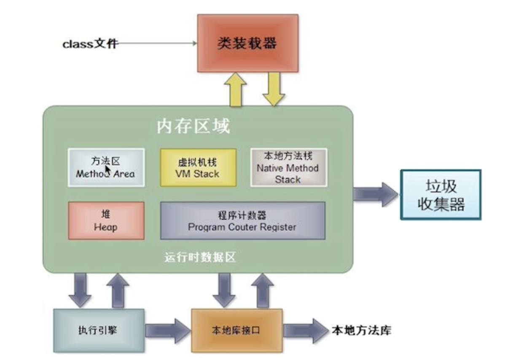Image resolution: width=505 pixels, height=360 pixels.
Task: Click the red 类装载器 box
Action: (x=248, y=43)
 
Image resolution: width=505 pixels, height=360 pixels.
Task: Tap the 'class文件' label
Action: (x=89, y=43)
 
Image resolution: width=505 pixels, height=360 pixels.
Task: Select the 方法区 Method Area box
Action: (x=106, y=167)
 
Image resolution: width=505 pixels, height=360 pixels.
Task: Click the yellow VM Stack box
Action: (x=198, y=167)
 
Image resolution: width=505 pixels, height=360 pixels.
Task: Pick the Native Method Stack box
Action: (x=287, y=167)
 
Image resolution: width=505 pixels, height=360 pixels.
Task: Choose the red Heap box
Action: (x=106, y=220)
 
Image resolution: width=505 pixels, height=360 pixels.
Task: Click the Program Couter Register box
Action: (x=242, y=220)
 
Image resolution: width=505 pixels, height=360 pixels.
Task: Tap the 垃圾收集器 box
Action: (x=440, y=194)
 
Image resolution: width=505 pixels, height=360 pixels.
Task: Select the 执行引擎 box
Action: (x=98, y=330)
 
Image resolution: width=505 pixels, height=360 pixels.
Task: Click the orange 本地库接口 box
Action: (x=236, y=330)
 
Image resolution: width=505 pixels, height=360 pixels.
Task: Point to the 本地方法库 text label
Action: (x=361, y=330)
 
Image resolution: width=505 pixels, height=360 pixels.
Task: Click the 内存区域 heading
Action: (x=193, y=126)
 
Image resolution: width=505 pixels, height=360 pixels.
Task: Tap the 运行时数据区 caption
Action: (x=199, y=257)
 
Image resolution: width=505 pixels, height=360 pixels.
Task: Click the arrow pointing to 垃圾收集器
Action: (x=375, y=194)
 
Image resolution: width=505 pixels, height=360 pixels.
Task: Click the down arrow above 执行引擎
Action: (x=80, y=290)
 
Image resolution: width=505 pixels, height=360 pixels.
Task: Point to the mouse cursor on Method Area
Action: (x=108, y=170)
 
